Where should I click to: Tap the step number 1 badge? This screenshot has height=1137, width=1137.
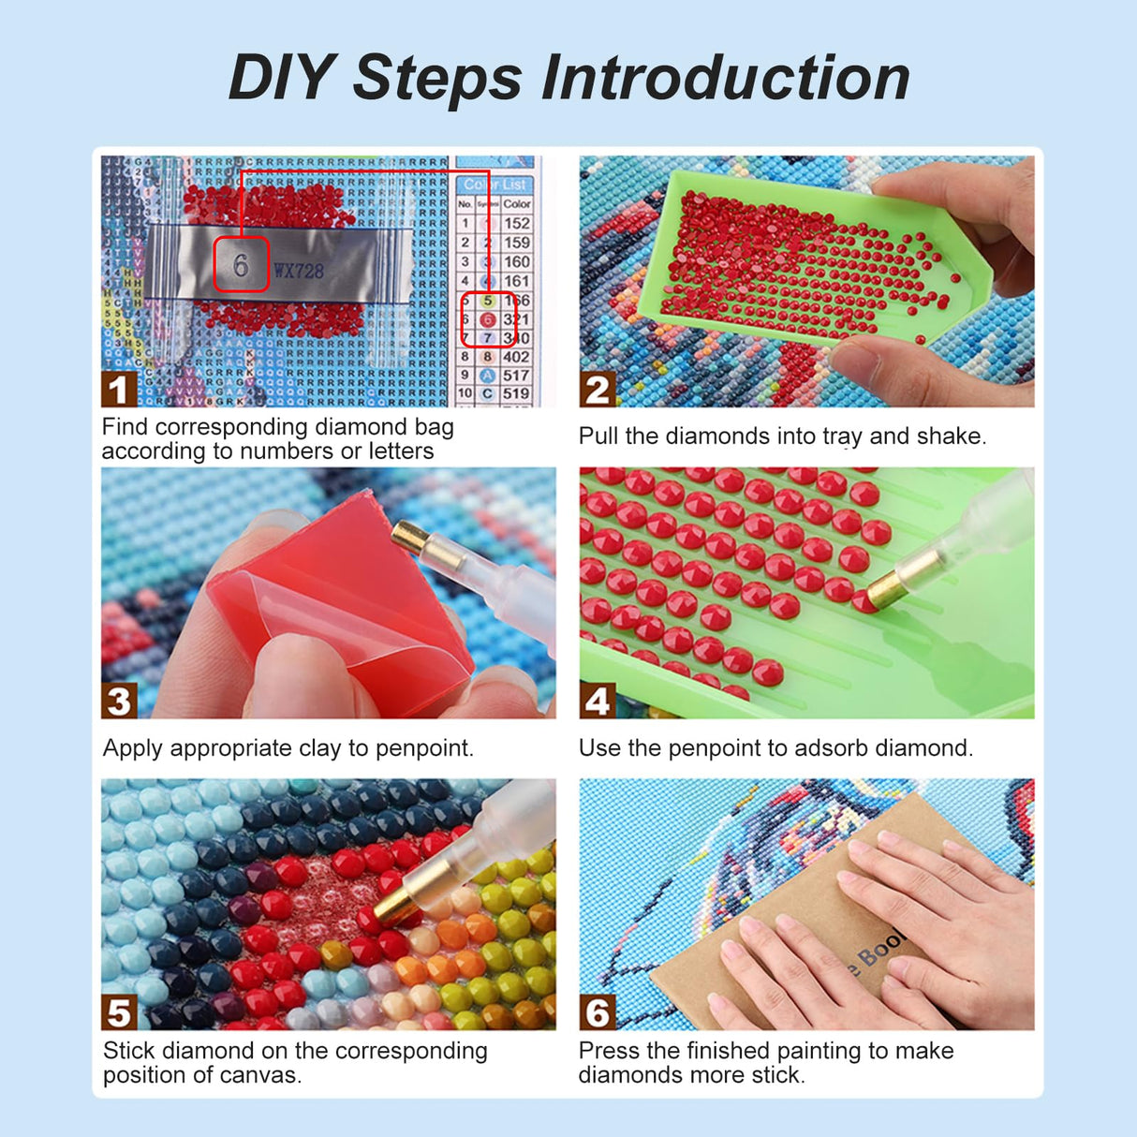[118, 389]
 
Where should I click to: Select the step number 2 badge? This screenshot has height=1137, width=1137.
[597, 389]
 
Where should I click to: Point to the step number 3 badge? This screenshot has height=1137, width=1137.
[118, 701]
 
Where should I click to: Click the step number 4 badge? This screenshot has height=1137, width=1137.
[597, 701]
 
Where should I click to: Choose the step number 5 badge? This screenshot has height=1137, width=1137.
[118, 1012]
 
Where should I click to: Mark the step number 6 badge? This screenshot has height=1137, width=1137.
[597, 1012]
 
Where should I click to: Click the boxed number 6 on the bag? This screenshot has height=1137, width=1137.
[241, 265]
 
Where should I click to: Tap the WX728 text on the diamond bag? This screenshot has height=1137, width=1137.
[298, 272]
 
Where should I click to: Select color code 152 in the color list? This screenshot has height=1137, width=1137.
[516, 223]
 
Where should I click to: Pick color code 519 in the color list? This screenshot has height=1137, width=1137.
[516, 393]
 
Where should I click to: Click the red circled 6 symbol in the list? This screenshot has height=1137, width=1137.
[487, 319]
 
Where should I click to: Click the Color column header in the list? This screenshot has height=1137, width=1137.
[516, 203]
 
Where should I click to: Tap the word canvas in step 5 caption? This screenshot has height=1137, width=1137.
[262, 1075]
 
